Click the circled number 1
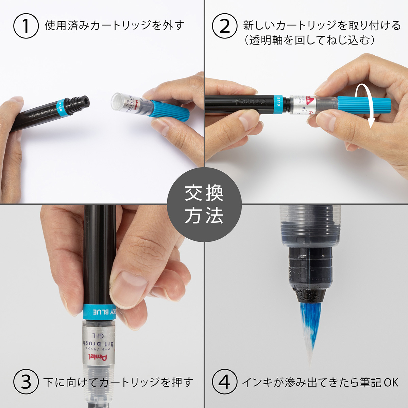coord(26,26)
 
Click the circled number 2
coord(224,26)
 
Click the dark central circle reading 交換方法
coord(204,204)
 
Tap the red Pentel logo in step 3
coord(98,357)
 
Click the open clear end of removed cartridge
coord(117,101)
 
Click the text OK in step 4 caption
coord(391,382)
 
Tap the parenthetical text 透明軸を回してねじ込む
coord(309,40)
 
